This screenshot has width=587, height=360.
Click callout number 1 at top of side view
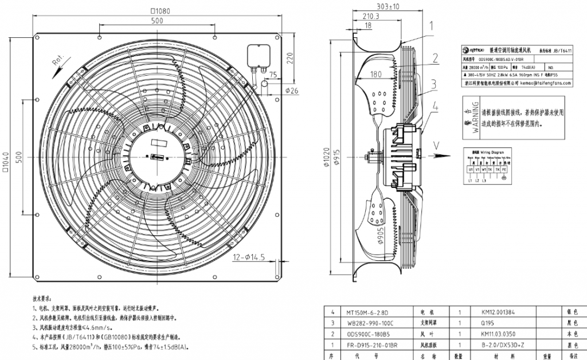432,25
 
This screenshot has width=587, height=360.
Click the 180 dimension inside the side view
375,73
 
